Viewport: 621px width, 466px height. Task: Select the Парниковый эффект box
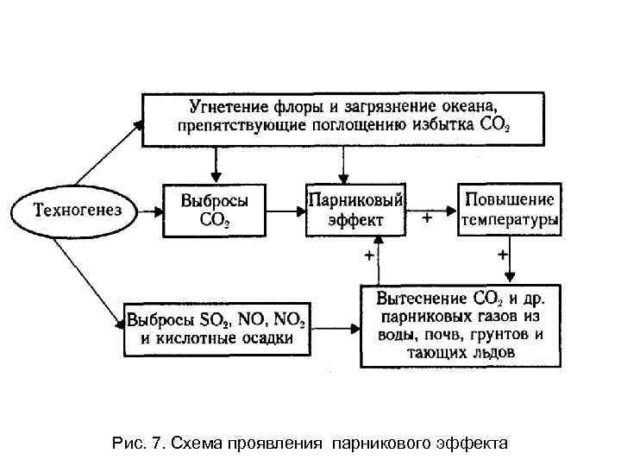pyautogui.click(x=354, y=210)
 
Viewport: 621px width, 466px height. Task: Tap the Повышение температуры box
pyautogui.click(x=509, y=209)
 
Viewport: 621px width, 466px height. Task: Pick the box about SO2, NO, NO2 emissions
pyautogui.click(x=216, y=329)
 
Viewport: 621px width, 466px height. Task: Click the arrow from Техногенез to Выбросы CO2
pyautogui.click(x=147, y=210)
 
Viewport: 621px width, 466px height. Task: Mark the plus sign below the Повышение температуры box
pyautogui.click(x=502, y=255)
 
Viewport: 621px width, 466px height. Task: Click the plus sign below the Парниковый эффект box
pyautogui.click(x=369, y=255)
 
